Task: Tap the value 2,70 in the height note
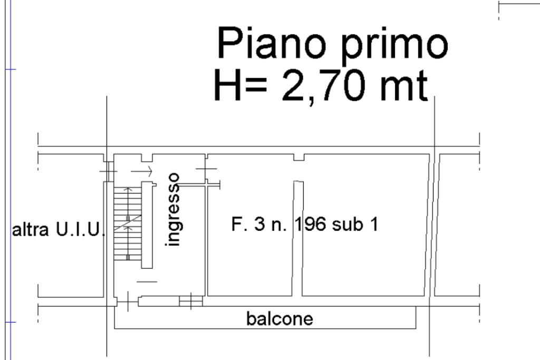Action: (323, 85)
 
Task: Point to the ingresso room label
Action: (173, 210)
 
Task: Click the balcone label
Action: (279, 319)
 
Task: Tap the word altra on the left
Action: (30, 230)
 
